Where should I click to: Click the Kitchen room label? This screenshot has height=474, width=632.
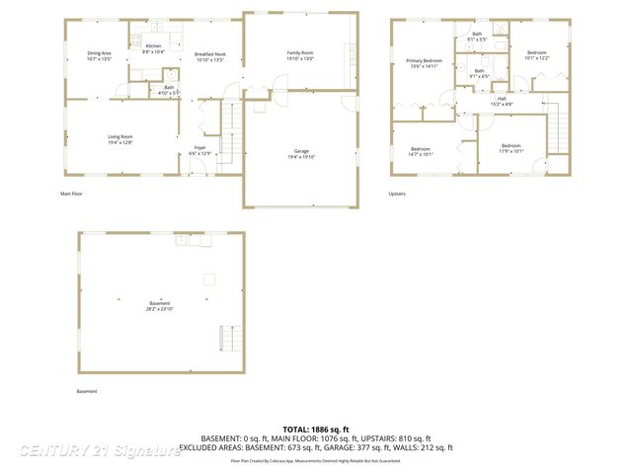coord(153,48)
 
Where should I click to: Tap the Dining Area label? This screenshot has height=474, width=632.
coord(100,56)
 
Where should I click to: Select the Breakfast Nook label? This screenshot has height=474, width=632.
coord(209,56)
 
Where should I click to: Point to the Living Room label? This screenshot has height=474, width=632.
coord(119,139)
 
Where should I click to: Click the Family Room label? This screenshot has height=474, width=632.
coord(300,55)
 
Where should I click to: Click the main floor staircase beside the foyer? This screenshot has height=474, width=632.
coord(229,133)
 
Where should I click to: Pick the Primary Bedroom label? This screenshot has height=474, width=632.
coord(425,64)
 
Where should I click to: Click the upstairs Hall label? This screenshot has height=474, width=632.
coord(501,101)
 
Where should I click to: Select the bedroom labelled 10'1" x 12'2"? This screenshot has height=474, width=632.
coord(535,55)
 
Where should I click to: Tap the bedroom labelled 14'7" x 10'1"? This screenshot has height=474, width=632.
coord(420,151)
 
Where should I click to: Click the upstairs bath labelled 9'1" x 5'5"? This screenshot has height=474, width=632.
coord(477,37)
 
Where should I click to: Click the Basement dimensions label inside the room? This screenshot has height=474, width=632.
coord(160,306)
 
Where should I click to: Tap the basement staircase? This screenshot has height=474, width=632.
coord(228,340)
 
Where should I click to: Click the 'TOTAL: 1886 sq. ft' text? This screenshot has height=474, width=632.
coord(315,430)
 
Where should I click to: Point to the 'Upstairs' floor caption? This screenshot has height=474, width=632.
coord(397,194)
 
